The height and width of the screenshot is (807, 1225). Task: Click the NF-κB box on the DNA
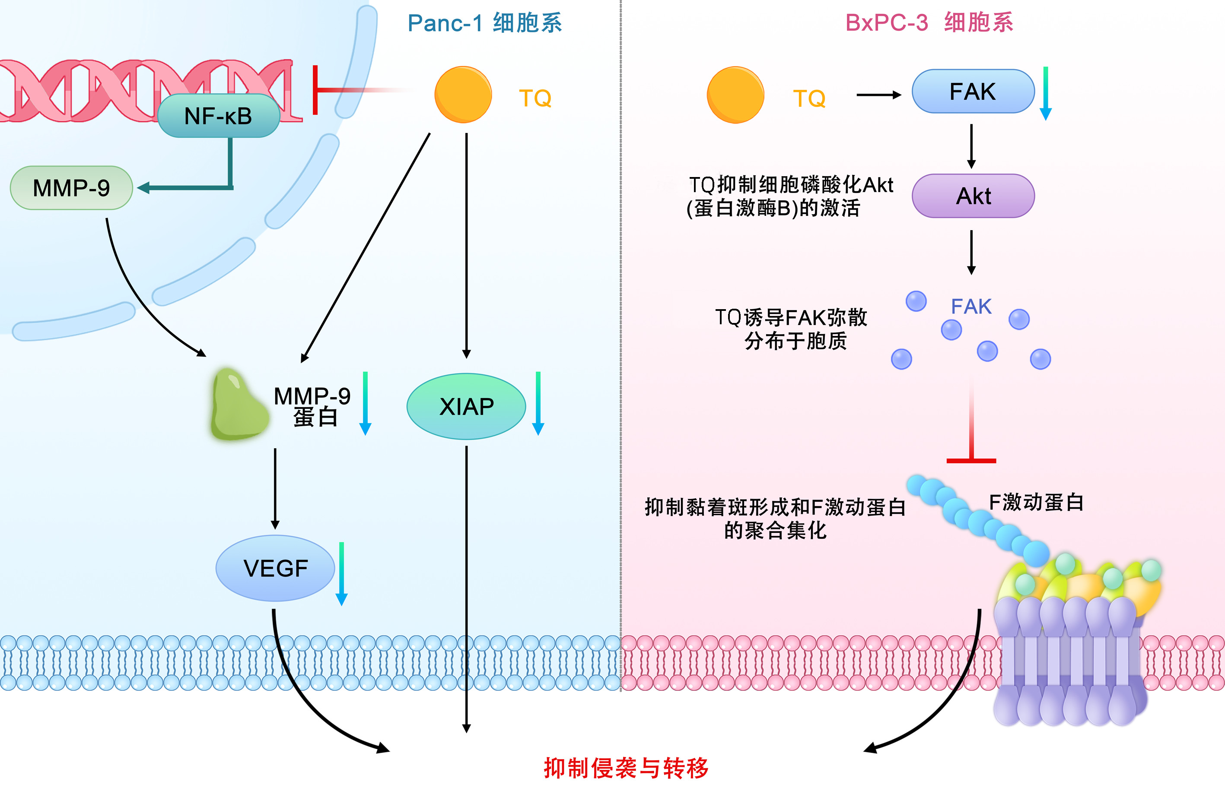click(x=218, y=116)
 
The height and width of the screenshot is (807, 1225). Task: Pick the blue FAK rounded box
click(x=973, y=92)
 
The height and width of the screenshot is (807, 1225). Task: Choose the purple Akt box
click(x=973, y=196)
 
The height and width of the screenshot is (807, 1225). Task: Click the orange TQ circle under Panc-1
click(x=463, y=95)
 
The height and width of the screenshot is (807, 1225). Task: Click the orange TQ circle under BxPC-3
click(x=735, y=95)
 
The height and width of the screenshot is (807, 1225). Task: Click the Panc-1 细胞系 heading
click(x=484, y=23)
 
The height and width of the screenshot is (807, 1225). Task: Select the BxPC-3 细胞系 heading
click(x=929, y=23)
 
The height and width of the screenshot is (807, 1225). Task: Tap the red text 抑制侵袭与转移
click(x=626, y=768)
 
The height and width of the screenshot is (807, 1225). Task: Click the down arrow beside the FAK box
click(x=1045, y=94)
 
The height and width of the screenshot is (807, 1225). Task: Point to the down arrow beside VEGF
click(x=341, y=574)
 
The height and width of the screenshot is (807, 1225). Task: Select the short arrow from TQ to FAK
click(x=878, y=95)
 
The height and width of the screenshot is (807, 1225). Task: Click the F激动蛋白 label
click(x=1036, y=502)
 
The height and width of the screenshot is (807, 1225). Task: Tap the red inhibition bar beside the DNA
click(x=315, y=90)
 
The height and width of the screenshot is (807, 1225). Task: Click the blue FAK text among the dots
click(x=970, y=307)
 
